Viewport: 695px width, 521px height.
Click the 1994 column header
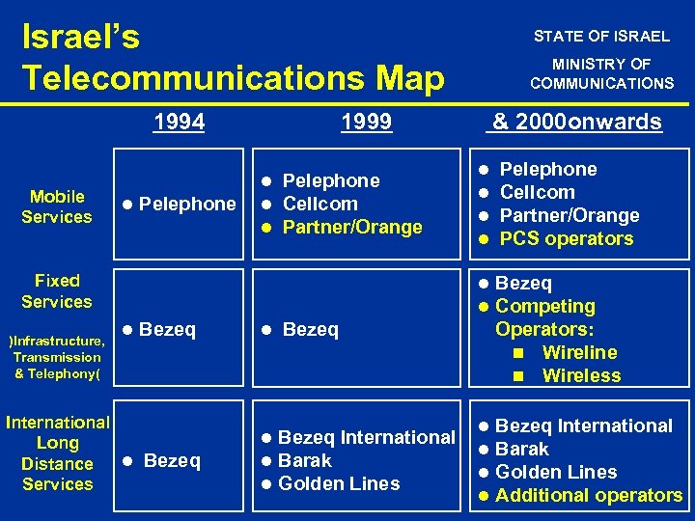click(x=180, y=122)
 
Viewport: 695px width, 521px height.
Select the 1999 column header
click(x=367, y=122)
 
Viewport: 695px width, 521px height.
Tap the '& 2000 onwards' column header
click(x=576, y=122)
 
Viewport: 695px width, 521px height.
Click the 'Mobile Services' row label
click(x=57, y=206)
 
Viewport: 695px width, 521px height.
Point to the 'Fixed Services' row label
click(x=57, y=291)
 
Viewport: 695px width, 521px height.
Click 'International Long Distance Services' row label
click(x=58, y=453)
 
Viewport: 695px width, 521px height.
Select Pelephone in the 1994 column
click(x=186, y=204)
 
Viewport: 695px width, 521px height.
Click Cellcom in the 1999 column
click(x=320, y=204)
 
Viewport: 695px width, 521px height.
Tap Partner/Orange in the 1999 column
click(x=352, y=228)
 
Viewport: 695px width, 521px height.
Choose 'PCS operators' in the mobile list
click(x=567, y=239)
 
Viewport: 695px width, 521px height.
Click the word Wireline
click(x=579, y=353)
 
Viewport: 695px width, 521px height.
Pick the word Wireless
click(x=581, y=376)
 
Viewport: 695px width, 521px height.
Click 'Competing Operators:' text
click(x=544, y=318)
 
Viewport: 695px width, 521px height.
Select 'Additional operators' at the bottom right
click(x=588, y=496)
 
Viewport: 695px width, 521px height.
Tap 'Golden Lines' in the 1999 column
click(x=338, y=484)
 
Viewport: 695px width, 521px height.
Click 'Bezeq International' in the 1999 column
click(x=366, y=438)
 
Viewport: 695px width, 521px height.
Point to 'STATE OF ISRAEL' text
click(x=601, y=37)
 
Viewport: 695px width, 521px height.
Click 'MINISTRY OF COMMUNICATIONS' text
click(x=601, y=74)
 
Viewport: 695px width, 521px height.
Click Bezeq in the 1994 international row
click(x=171, y=461)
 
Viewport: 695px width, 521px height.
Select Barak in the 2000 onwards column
click(x=521, y=450)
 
